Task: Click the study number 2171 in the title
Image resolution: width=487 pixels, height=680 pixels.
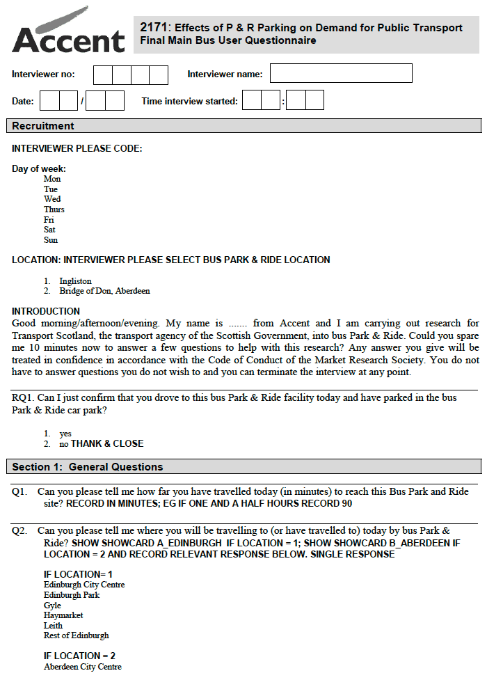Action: click(x=154, y=27)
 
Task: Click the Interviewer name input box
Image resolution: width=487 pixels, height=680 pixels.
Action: click(x=341, y=74)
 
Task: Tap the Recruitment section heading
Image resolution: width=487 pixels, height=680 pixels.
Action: click(x=43, y=126)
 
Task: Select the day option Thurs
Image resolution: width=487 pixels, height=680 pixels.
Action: click(x=54, y=209)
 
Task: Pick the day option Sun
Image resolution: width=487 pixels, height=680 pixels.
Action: click(x=50, y=240)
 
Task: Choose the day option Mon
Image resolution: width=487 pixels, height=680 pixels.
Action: click(x=51, y=179)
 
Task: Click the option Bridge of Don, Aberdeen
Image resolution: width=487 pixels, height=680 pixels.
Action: click(x=104, y=291)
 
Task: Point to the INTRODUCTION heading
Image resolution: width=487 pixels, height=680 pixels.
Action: click(x=46, y=311)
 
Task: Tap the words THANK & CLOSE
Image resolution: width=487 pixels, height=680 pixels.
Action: click(x=107, y=443)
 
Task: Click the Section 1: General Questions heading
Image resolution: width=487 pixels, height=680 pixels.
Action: click(x=88, y=467)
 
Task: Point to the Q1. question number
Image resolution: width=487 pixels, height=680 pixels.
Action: click(x=19, y=491)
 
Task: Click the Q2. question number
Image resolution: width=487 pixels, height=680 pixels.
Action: click(x=19, y=531)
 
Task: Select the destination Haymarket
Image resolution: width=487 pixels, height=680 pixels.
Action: click(x=63, y=615)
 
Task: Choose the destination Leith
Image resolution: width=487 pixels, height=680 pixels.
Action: click(x=53, y=626)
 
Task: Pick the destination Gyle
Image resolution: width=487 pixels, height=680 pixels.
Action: click(x=53, y=606)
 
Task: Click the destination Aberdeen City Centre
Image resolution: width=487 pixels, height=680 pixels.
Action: click(x=83, y=667)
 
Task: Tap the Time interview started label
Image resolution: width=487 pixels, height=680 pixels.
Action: click(x=189, y=101)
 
